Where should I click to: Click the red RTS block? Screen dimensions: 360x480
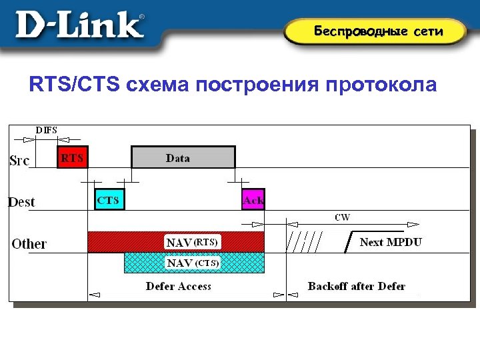click(x=72, y=158)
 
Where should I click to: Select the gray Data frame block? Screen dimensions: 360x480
click(x=183, y=158)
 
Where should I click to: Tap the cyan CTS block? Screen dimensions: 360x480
click(x=109, y=199)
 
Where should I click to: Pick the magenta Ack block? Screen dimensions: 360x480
click(x=253, y=199)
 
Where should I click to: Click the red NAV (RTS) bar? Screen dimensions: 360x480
click(x=176, y=241)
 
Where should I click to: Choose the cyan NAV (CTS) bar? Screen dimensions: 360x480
click(x=194, y=263)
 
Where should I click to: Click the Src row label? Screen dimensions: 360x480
click(x=20, y=161)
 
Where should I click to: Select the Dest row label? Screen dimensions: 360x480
click(x=21, y=201)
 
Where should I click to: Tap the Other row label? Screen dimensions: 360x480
click(x=29, y=243)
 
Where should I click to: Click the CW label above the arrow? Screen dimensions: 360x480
click(x=342, y=217)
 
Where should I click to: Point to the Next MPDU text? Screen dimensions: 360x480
click(x=391, y=242)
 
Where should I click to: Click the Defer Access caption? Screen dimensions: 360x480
click(x=179, y=286)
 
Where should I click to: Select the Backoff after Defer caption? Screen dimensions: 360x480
click(x=357, y=286)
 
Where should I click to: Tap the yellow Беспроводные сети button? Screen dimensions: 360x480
click(x=378, y=31)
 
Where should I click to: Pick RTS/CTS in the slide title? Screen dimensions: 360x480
click(x=73, y=86)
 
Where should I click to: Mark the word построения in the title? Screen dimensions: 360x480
click(x=258, y=86)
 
